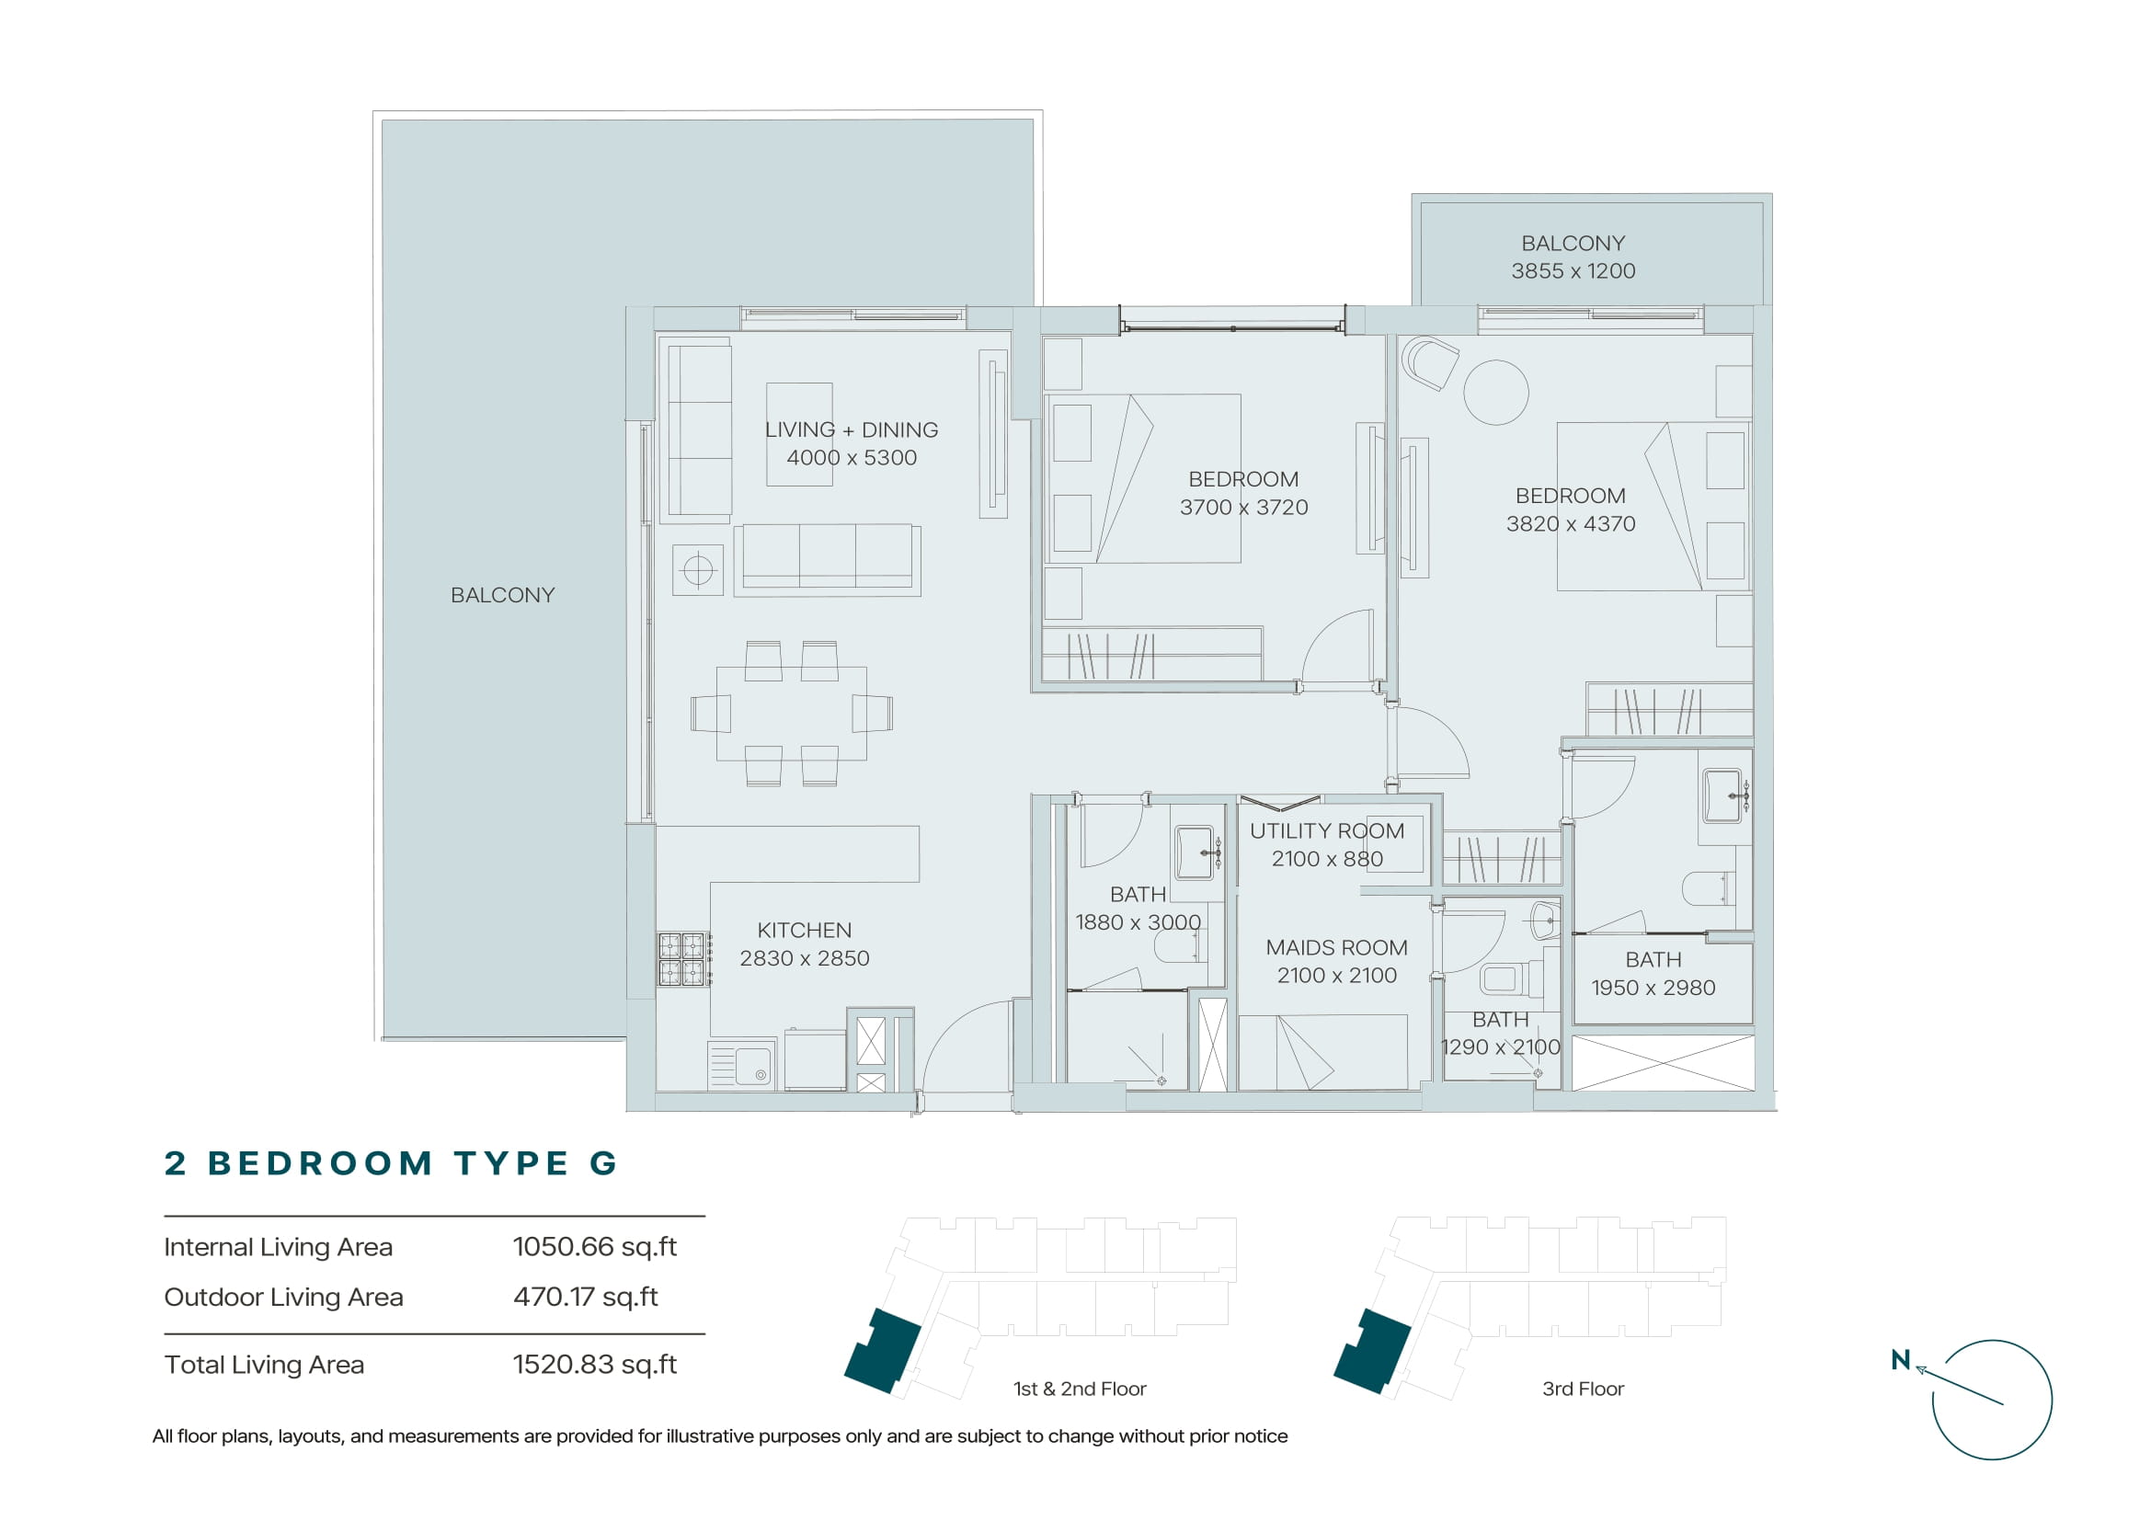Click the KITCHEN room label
(x=804, y=930)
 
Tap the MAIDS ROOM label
(x=1336, y=947)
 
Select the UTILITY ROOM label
(x=1327, y=830)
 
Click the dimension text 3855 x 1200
(x=1573, y=270)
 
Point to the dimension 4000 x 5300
(x=852, y=458)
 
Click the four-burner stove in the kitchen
(x=682, y=959)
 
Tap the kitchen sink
(x=742, y=1065)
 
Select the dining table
(x=792, y=713)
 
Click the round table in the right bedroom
(x=1496, y=393)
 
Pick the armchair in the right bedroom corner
(x=1430, y=361)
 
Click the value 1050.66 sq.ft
(x=595, y=1247)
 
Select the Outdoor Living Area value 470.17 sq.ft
(x=586, y=1298)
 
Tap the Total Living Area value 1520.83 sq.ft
(x=595, y=1365)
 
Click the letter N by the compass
(x=1901, y=1360)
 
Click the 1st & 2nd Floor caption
(x=1080, y=1389)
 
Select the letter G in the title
(x=602, y=1163)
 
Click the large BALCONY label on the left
(x=502, y=595)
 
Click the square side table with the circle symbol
(x=698, y=569)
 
